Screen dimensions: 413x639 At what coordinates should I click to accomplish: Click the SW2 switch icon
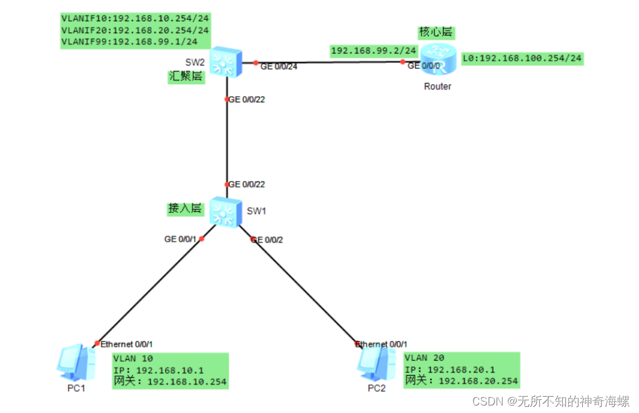click(225, 62)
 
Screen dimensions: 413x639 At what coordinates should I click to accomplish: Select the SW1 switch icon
click(225, 211)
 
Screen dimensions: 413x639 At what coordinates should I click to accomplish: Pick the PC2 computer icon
click(375, 363)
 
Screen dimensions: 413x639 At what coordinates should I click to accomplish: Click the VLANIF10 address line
click(135, 17)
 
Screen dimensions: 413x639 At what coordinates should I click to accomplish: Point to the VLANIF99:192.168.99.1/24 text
click(129, 42)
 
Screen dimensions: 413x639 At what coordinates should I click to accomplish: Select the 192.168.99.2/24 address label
click(374, 51)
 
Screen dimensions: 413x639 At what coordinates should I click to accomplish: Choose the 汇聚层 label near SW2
click(186, 76)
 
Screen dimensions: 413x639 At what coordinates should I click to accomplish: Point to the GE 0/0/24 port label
click(279, 67)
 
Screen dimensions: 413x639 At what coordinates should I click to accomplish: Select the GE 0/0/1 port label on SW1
click(181, 239)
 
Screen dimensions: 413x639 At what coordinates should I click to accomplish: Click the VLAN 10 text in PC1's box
click(133, 358)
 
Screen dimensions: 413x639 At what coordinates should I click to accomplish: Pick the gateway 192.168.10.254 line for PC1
click(170, 382)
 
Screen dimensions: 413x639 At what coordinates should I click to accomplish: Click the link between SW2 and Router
click(331, 62)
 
